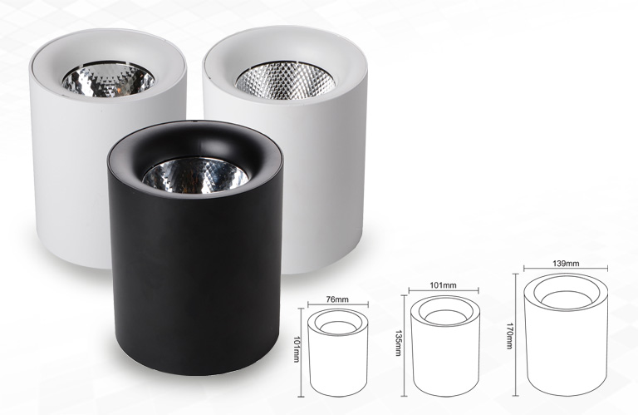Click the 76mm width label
click(x=337, y=299)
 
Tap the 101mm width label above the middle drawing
click(x=443, y=285)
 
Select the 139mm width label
click(x=566, y=263)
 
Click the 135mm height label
click(x=398, y=343)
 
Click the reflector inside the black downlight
click(x=195, y=176)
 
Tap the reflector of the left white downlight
click(x=108, y=79)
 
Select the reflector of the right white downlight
click(x=285, y=80)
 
